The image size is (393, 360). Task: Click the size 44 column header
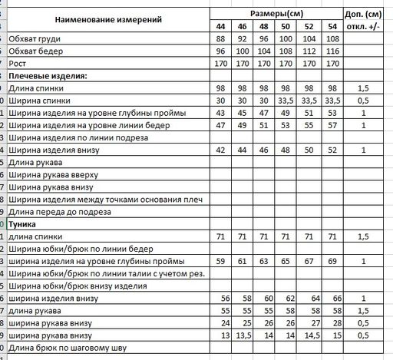pos(221,28)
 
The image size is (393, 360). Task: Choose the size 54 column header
pos(332,28)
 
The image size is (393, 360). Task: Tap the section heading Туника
pos(23,224)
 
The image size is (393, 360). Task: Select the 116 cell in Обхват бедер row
pos(332,51)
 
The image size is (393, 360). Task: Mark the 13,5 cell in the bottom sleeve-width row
pos(244,335)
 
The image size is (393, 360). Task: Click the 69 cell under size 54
pos(332,261)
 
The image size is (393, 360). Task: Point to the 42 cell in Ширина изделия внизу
pos(221,150)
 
